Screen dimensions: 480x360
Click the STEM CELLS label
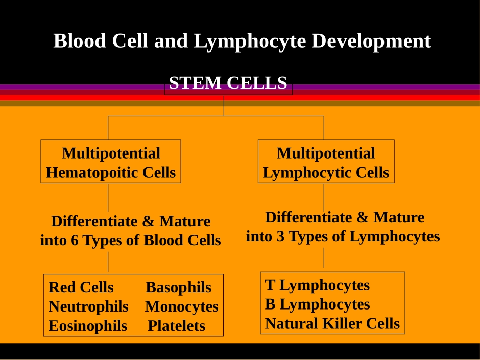[x=228, y=83]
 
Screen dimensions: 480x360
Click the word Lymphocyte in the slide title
[x=250, y=41]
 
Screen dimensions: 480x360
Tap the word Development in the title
[x=371, y=41]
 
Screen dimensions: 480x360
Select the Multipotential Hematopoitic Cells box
[x=111, y=162]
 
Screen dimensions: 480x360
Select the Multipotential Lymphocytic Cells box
[x=326, y=162]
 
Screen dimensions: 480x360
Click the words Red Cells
[x=81, y=287]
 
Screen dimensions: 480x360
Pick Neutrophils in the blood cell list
[x=88, y=307]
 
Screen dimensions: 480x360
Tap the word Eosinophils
[x=88, y=326]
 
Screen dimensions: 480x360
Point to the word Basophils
[x=178, y=287]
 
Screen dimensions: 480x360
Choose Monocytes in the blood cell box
[x=182, y=307]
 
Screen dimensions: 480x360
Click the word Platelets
[x=176, y=326]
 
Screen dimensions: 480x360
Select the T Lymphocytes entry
[x=317, y=285]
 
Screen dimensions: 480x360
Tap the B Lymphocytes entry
[x=317, y=304]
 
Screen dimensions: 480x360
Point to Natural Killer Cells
[x=332, y=323]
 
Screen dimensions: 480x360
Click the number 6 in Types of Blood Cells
[x=75, y=240]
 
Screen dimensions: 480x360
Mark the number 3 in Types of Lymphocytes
[x=280, y=236]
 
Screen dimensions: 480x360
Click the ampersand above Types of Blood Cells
[x=148, y=221]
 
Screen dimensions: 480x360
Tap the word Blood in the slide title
[x=80, y=41]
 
